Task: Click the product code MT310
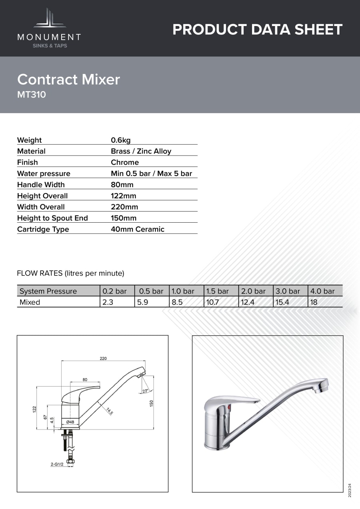(32, 95)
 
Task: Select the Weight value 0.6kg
(121, 140)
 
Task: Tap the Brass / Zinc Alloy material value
(141, 151)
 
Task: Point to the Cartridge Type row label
(43, 229)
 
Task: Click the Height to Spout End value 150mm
(124, 218)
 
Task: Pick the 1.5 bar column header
(217, 291)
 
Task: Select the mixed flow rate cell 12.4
(248, 302)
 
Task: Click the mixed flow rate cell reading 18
(314, 302)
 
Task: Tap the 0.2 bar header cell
(114, 291)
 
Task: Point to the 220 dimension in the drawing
(103, 358)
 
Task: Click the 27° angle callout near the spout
(145, 391)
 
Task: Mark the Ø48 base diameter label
(70, 422)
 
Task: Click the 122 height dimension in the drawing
(34, 409)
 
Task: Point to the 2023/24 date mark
(350, 490)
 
